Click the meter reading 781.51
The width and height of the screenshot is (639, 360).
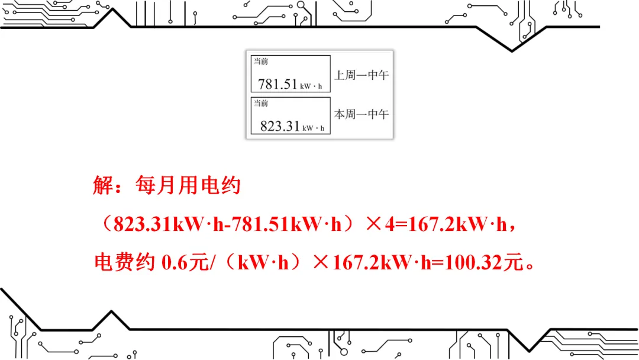pyautogui.click(x=277, y=84)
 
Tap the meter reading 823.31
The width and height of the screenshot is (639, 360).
pyautogui.click(x=280, y=126)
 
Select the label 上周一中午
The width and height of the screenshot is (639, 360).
pyautogui.click(x=362, y=75)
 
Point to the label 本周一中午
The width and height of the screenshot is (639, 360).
pyautogui.click(x=362, y=114)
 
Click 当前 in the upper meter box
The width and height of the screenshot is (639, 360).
pyautogui.click(x=261, y=62)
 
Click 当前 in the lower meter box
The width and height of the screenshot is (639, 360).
pyautogui.click(x=261, y=103)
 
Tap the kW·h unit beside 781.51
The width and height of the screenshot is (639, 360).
pyautogui.click(x=311, y=86)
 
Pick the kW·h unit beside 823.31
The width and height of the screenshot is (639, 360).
pyautogui.click(x=314, y=128)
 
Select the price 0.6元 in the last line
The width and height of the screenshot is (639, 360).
pyautogui.click(x=183, y=262)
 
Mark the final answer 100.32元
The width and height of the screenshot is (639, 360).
pyautogui.click(x=485, y=262)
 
